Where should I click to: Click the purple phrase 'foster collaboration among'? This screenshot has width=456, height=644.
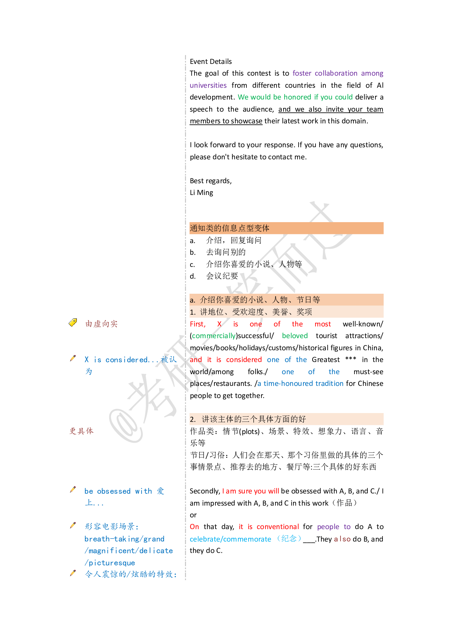(338, 73)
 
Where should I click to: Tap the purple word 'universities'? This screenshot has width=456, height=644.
(208, 86)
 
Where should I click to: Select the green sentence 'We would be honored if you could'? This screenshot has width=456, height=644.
(295, 97)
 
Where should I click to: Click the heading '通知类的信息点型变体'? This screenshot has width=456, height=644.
(229, 228)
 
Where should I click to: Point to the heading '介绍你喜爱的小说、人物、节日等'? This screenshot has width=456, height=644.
(260, 300)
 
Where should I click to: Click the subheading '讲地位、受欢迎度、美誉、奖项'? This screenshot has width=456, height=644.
(256, 312)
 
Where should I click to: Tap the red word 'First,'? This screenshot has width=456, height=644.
(197, 324)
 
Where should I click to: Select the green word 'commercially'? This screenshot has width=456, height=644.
(214, 336)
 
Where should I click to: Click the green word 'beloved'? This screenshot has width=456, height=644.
(295, 336)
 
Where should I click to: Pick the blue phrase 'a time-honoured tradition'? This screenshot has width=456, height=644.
(300, 384)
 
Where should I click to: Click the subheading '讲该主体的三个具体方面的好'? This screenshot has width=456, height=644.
(253, 419)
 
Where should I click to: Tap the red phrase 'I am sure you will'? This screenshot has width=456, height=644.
(250, 491)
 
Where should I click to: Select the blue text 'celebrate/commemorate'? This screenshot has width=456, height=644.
(230, 539)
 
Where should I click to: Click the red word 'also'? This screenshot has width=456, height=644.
(342, 539)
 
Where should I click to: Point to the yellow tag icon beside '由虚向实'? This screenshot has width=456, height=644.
(73, 322)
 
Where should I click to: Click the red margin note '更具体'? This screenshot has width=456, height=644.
(82, 431)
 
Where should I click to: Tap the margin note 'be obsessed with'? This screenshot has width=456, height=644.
(118, 491)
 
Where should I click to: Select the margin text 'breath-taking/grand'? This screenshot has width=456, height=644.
(124, 539)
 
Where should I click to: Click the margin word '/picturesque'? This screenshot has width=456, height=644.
(110, 563)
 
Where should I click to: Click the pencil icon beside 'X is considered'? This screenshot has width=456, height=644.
(73, 358)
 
